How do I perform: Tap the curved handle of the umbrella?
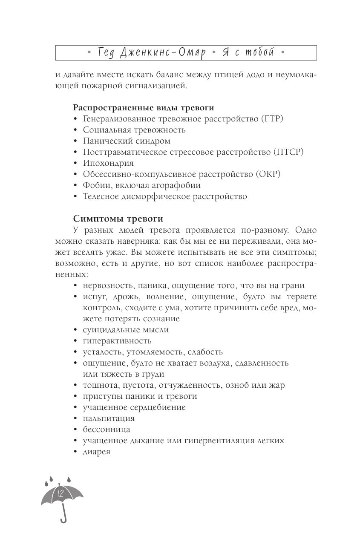[64, 517]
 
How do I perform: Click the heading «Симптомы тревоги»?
[118, 219]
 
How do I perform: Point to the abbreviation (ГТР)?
[271, 119]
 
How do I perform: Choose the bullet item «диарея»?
[97, 452]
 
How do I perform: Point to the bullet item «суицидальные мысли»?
[126, 330]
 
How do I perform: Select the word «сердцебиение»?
[159, 407]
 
